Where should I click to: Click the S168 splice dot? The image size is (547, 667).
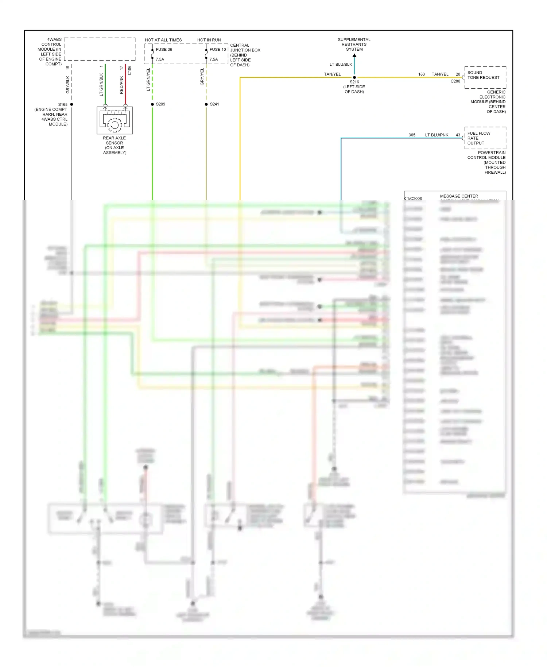click(x=71, y=104)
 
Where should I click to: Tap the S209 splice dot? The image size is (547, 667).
click(x=152, y=104)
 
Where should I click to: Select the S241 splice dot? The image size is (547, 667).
click(x=206, y=104)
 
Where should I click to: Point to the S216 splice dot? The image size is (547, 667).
click(x=354, y=77)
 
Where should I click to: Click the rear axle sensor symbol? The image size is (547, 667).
click(x=115, y=121)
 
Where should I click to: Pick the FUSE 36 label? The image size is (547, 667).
click(x=164, y=50)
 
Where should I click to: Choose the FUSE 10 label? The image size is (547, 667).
click(x=218, y=50)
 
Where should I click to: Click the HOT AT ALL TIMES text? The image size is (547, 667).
click(x=163, y=40)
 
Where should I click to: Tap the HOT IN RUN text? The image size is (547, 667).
click(x=209, y=40)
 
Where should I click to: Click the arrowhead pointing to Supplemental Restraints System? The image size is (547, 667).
click(x=354, y=56)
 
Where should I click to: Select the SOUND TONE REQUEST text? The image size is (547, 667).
click(x=483, y=75)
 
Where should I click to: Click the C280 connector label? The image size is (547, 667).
click(x=455, y=81)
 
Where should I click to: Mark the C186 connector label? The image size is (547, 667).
click(x=129, y=70)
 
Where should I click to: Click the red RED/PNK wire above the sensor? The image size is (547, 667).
click(x=125, y=84)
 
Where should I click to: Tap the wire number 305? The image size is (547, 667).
click(x=412, y=135)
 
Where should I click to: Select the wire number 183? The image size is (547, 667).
click(x=422, y=74)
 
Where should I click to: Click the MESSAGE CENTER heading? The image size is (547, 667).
click(x=459, y=196)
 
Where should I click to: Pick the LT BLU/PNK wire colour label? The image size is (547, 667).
click(x=437, y=135)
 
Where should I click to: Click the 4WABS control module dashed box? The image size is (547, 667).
click(x=100, y=49)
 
